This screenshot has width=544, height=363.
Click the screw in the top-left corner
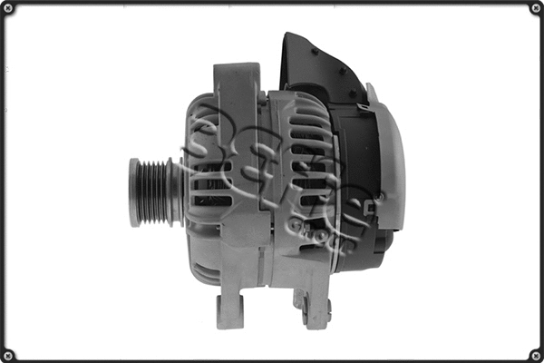pos(8,8)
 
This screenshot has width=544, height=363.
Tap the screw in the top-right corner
pos(536,8)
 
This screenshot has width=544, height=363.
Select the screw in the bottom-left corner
pos(8,355)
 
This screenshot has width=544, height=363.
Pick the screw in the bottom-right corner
pos(536,355)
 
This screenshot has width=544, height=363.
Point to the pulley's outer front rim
pos(135,192)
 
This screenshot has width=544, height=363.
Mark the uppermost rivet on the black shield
pos(314,52)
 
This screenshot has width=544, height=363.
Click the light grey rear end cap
pos(390,163)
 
